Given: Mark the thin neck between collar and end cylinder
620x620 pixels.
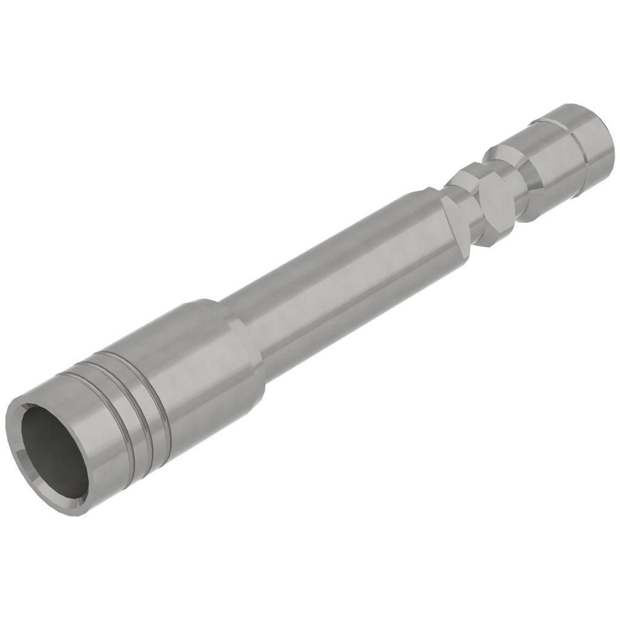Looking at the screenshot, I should tap(513, 182).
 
